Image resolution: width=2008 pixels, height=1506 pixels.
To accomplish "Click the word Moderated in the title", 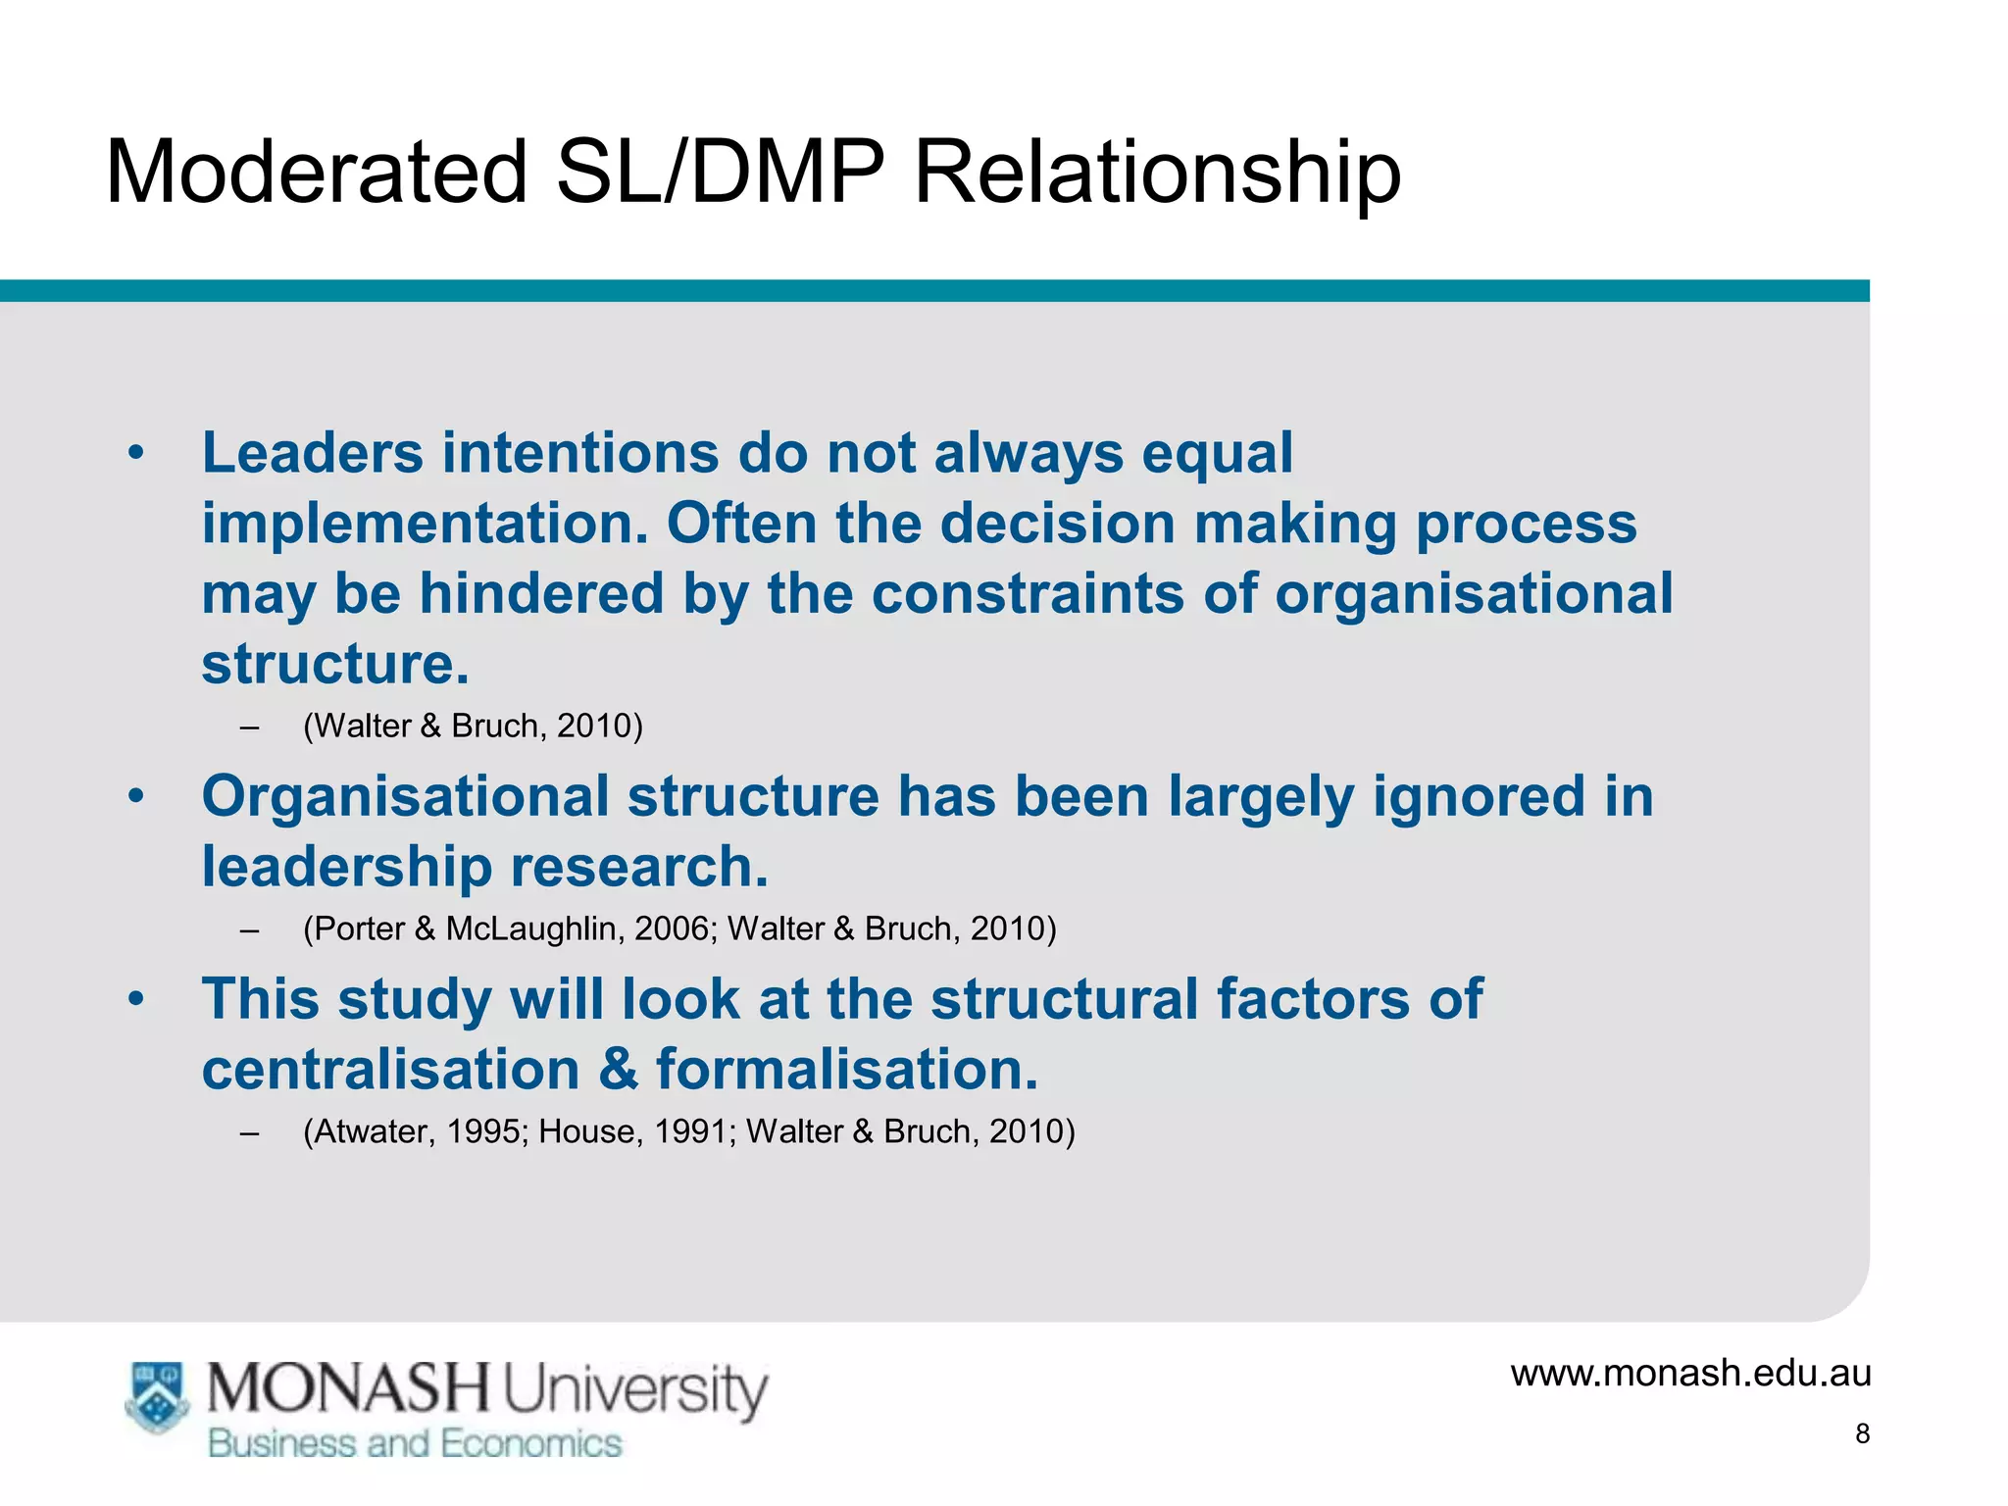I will click(316, 172).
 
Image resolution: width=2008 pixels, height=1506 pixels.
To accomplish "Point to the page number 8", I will click(1862, 1434).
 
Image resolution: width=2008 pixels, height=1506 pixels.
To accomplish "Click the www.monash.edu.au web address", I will click(1690, 1373).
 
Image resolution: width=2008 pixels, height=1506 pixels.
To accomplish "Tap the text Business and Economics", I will click(415, 1444).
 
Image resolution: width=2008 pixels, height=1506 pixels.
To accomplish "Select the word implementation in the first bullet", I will click(425, 524).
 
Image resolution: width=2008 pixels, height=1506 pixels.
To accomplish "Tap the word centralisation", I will click(390, 1069).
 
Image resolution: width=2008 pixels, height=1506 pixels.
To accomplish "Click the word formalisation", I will click(846, 1069).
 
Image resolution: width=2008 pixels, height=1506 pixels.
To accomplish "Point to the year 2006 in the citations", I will click(673, 929).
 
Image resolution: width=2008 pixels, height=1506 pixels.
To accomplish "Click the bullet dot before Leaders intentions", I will click(136, 454).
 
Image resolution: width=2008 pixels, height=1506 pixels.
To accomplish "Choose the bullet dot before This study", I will click(136, 1000).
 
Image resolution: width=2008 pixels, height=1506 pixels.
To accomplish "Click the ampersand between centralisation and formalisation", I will click(618, 1069).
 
